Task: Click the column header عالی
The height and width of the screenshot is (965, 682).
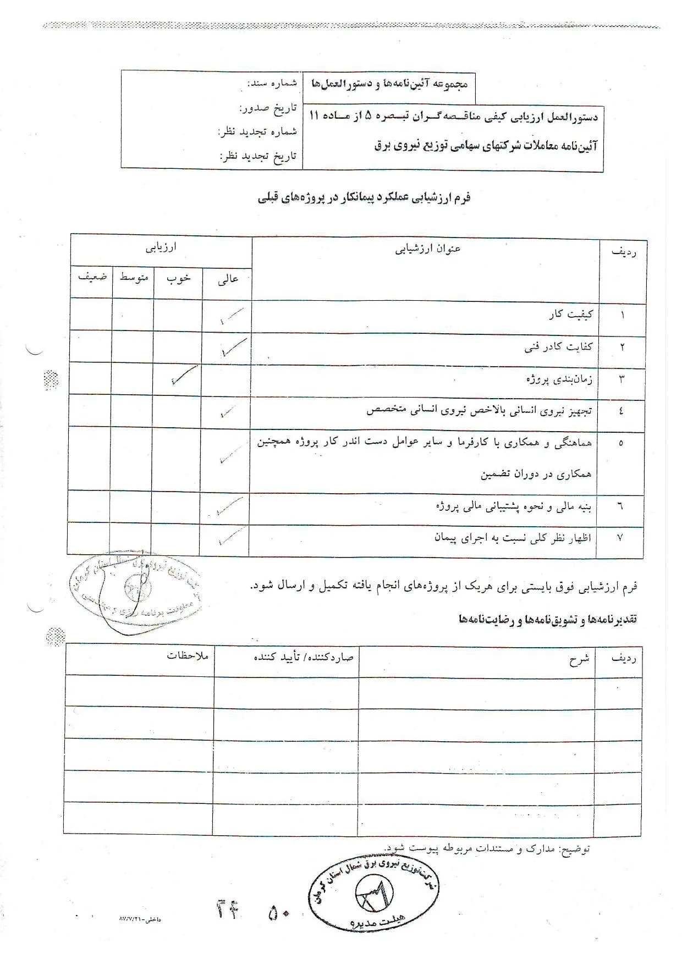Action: (x=228, y=280)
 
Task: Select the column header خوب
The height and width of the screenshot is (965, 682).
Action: (x=179, y=279)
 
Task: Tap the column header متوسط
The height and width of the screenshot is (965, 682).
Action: (x=134, y=278)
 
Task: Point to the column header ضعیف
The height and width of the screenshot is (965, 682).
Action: (x=92, y=277)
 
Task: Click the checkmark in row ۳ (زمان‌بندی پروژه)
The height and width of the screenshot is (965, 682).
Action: (x=184, y=375)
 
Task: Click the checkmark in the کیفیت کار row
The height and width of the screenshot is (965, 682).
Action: (x=230, y=316)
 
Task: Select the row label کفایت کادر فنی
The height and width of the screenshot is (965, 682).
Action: (x=558, y=347)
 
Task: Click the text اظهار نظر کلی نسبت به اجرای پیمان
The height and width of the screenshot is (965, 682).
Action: (x=513, y=538)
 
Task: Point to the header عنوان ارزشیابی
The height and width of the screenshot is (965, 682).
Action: (x=427, y=249)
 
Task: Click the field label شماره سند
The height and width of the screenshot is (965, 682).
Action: (x=272, y=84)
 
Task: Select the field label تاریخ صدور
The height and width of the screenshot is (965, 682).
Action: (x=268, y=108)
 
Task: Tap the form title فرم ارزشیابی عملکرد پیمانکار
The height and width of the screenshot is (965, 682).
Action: (x=364, y=198)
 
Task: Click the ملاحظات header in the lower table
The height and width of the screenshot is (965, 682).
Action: (x=188, y=655)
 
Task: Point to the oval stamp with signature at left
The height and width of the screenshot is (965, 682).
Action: (x=135, y=590)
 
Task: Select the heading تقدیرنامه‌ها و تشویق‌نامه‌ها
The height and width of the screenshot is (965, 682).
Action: (x=547, y=620)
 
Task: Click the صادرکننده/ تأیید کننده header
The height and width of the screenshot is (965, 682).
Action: (x=303, y=657)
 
